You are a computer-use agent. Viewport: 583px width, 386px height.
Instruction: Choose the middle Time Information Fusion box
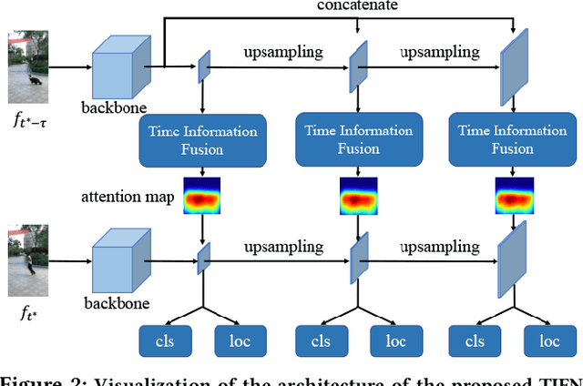[357, 140]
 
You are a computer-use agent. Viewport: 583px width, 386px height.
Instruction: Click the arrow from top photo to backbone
[69, 66]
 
